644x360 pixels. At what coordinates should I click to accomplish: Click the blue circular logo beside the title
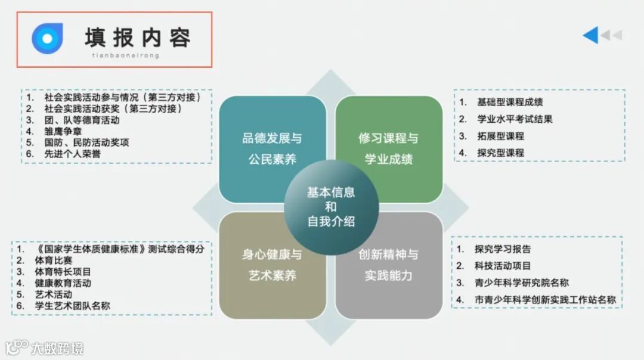pyautogui.click(x=47, y=38)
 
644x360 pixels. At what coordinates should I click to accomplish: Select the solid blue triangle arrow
pyautogui.click(x=590, y=36)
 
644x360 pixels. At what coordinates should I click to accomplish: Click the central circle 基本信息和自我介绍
pyautogui.click(x=331, y=207)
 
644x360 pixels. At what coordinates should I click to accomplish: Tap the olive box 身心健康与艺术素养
pyautogui.click(x=272, y=265)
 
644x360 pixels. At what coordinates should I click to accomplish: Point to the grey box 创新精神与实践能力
pyautogui.click(x=389, y=265)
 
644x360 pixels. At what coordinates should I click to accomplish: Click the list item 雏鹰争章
pyautogui.click(x=63, y=131)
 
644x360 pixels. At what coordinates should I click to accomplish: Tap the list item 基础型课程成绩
pyautogui.click(x=510, y=102)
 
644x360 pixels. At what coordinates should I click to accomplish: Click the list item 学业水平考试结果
pyautogui.click(x=515, y=119)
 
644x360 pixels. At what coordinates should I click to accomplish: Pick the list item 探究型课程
pyautogui.click(x=500, y=153)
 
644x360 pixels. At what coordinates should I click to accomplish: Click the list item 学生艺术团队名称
pyautogui.click(x=73, y=306)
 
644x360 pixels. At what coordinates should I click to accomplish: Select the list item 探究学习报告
pyautogui.click(x=502, y=249)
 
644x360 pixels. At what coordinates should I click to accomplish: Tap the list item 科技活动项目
pyautogui.click(x=502, y=266)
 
